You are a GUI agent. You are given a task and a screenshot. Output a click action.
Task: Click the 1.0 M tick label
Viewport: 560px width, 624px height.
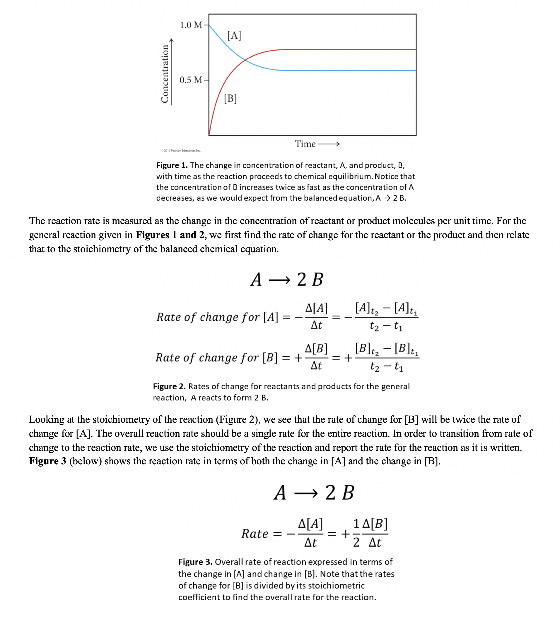(191, 25)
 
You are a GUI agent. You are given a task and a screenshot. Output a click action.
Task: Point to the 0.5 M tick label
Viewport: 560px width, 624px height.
(191, 80)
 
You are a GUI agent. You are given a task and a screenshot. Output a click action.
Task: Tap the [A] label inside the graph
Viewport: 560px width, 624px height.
(234, 35)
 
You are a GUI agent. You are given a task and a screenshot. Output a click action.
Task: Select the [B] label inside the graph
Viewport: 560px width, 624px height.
(230, 98)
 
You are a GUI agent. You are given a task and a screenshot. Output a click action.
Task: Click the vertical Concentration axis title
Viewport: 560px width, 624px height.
(165, 74)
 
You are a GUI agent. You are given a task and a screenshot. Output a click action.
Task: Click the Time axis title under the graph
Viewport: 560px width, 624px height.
(305, 144)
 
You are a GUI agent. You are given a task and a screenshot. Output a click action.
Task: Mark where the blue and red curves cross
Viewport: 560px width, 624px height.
(245, 60)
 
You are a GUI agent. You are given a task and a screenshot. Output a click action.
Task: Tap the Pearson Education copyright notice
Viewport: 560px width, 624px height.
(181, 151)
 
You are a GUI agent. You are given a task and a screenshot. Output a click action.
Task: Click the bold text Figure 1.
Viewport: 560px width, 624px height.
(172, 165)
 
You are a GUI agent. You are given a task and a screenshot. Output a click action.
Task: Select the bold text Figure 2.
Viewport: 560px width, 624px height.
(169, 386)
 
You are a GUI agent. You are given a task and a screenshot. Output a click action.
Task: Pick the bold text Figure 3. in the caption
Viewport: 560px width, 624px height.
(195, 562)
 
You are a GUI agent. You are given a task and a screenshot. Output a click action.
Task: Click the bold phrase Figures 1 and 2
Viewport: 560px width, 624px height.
(170, 235)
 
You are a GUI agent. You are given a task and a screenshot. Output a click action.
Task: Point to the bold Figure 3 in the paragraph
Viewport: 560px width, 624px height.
(47, 461)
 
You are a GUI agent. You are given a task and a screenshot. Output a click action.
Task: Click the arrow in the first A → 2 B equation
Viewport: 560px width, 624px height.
(279, 280)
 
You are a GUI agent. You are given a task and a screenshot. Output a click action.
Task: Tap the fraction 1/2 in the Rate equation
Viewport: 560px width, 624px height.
(356, 534)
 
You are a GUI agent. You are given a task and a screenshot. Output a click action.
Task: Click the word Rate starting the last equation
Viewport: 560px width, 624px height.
(255, 534)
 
